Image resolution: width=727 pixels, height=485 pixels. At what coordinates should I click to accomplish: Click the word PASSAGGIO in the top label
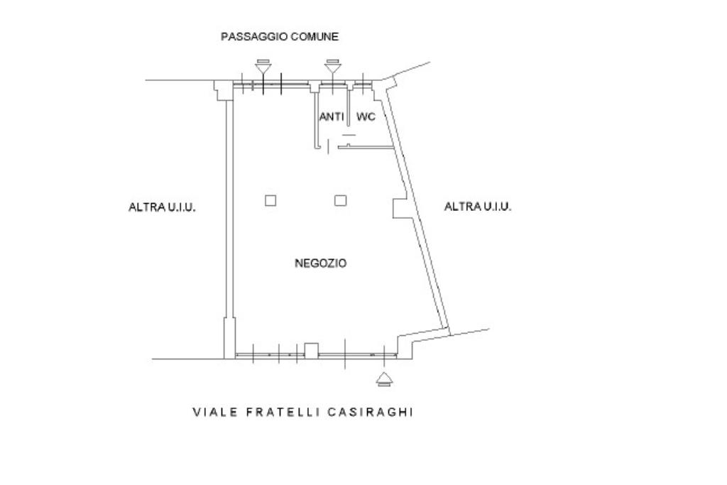click(x=248, y=36)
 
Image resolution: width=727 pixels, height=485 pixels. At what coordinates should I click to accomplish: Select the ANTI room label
click(x=332, y=116)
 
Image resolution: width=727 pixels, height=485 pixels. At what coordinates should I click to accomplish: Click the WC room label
click(x=366, y=116)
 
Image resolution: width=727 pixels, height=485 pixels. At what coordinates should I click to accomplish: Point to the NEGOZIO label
click(x=321, y=263)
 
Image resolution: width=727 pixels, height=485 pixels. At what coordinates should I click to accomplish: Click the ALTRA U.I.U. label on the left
click(x=162, y=207)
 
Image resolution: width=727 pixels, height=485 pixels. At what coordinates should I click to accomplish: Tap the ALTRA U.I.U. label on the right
click(x=477, y=207)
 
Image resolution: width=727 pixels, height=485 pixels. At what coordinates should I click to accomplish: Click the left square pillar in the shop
click(x=270, y=200)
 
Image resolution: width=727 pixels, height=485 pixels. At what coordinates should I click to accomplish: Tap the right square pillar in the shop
click(x=341, y=200)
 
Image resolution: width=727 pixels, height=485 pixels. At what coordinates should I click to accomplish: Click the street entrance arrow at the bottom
click(x=384, y=378)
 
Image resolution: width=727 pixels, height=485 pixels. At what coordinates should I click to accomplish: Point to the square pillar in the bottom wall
click(x=311, y=349)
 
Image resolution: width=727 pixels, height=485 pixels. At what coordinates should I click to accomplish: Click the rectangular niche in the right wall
click(x=399, y=208)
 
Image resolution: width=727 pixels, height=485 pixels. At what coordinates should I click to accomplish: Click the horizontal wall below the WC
click(x=366, y=147)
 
